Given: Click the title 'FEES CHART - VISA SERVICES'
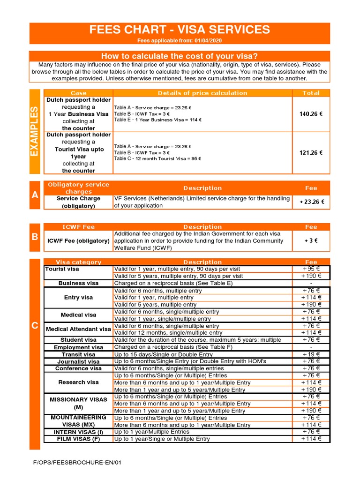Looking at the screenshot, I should point(180,30).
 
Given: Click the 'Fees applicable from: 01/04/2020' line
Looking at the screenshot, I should point(180,41).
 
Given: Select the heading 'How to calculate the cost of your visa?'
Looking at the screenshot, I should point(180,56).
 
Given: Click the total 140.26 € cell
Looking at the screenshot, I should point(311,114).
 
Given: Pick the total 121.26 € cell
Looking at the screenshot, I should point(311,152).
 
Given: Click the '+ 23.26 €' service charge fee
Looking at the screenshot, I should point(311,202).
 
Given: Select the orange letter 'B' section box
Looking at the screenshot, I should point(35,237).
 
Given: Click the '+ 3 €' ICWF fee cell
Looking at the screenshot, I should point(311,240).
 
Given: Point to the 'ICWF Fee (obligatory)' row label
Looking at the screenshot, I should point(78,241).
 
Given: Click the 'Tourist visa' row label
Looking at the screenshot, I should point(62,269).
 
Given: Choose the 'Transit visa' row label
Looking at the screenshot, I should point(78,354).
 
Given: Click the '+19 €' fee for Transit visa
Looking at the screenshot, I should point(311,354).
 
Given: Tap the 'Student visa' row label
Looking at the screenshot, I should point(78,340).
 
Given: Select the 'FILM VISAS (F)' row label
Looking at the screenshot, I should point(78,439).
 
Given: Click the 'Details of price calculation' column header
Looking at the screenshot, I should point(202,93).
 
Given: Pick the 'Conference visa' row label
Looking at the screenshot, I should point(78,368).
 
